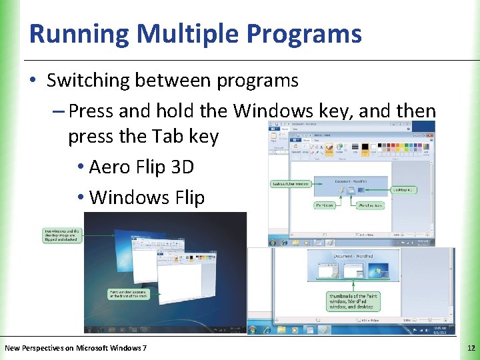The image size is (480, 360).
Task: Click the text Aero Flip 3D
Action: pos(141,167)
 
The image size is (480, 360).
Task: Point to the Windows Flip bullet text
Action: pos(147,197)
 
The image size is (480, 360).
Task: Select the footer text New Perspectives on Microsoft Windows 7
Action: pos(75,347)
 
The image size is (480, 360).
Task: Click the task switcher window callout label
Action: pos(291,183)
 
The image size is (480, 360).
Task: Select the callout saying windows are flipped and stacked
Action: pos(63,235)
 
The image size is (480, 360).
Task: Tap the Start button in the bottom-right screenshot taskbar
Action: pos(253,329)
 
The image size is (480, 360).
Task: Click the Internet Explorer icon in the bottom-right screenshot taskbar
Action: pos(267,329)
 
